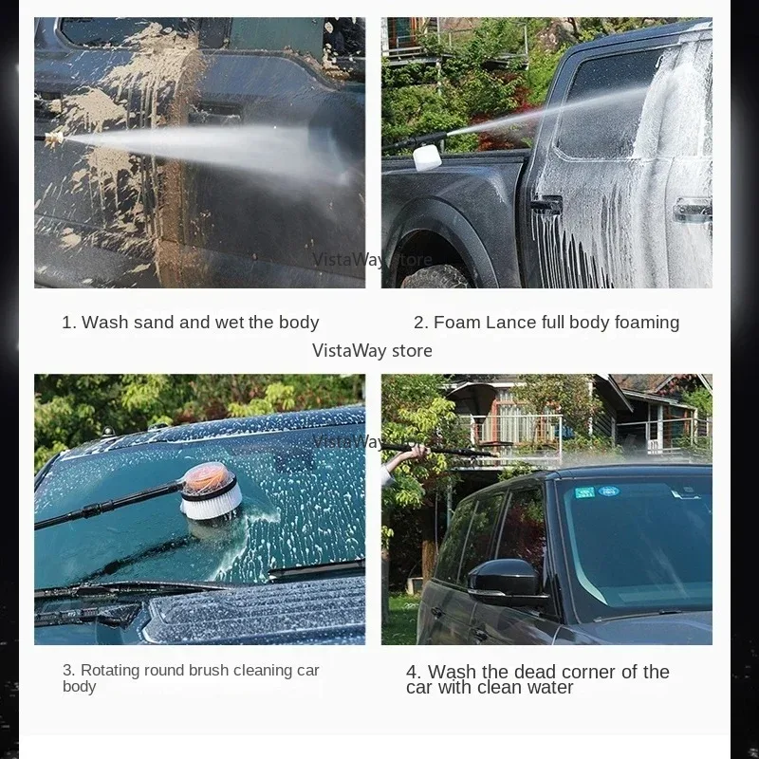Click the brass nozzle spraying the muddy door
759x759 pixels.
coord(49,139)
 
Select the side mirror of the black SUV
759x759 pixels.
coord(504,578)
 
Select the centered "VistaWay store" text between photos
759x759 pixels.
coord(372,351)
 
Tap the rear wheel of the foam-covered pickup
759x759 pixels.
coord(435,277)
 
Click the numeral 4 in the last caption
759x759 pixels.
coord(412,673)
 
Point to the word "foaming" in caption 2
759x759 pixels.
coord(647,323)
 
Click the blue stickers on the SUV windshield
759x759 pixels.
coord(595,491)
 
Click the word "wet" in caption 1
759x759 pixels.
coord(229,323)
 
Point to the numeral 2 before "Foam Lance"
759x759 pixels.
coord(418,323)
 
